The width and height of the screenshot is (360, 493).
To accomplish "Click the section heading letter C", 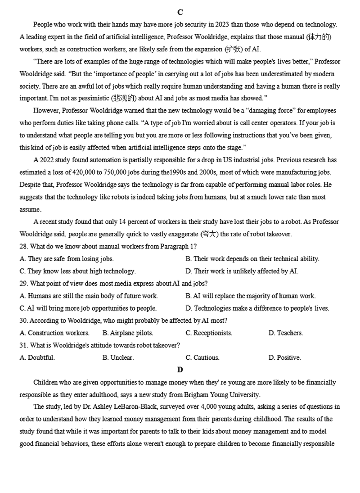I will [x=180, y=12].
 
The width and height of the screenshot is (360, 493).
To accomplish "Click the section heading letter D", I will [x=180, y=370].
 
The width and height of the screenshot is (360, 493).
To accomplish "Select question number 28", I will [x=24, y=246].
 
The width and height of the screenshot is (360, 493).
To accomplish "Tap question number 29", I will [x=24, y=284].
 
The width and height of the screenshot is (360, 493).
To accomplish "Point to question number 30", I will [x=24, y=321].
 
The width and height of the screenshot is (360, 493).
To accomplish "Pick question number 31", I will [x=24, y=345].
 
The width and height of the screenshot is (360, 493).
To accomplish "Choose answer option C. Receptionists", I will [x=209, y=333].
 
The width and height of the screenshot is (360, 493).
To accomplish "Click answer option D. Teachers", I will [x=286, y=333].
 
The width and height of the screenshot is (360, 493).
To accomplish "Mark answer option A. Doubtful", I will [x=37, y=358].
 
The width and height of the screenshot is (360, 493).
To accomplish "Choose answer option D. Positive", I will [x=285, y=358].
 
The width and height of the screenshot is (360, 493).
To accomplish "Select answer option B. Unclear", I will [x=118, y=358].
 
